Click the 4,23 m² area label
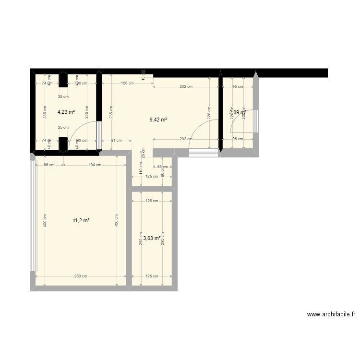pyautogui.click(x=66, y=112)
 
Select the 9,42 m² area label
pyautogui.click(x=158, y=120)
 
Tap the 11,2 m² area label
pyautogui.click(x=81, y=220)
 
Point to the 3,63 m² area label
pyautogui.click(x=152, y=238)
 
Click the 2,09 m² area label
pyautogui.click(x=238, y=113)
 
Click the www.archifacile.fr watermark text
pyautogui.click(x=331, y=315)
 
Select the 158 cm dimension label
pyautogui.click(x=127, y=83)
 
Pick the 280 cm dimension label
pyautogui.click(x=81, y=276)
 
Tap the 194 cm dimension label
pyautogui.click(x=95, y=165)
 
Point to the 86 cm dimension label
pyautogui.click(x=49, y=165)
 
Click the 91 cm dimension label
pyautogui.click(x=116, y=141)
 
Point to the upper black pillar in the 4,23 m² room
pyautogui.click(x=63, y=80)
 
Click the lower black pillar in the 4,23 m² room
pyautogui.click(x=63, y=144)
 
